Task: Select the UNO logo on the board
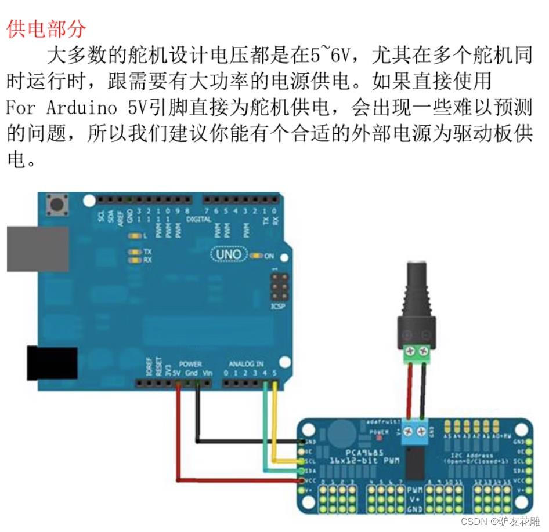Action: (229, 254)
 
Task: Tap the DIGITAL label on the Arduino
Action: (198, 220)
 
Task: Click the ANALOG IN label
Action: (245, 364)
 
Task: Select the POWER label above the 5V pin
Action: (190, 364)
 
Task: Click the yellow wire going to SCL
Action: (275, 429)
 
